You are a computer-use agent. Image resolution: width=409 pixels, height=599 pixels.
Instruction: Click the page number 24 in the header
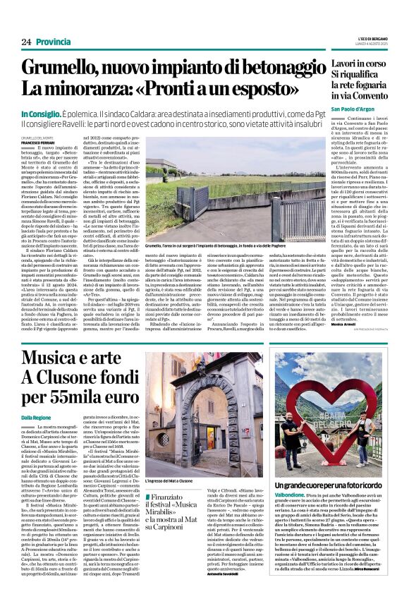(x=26, y=42)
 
